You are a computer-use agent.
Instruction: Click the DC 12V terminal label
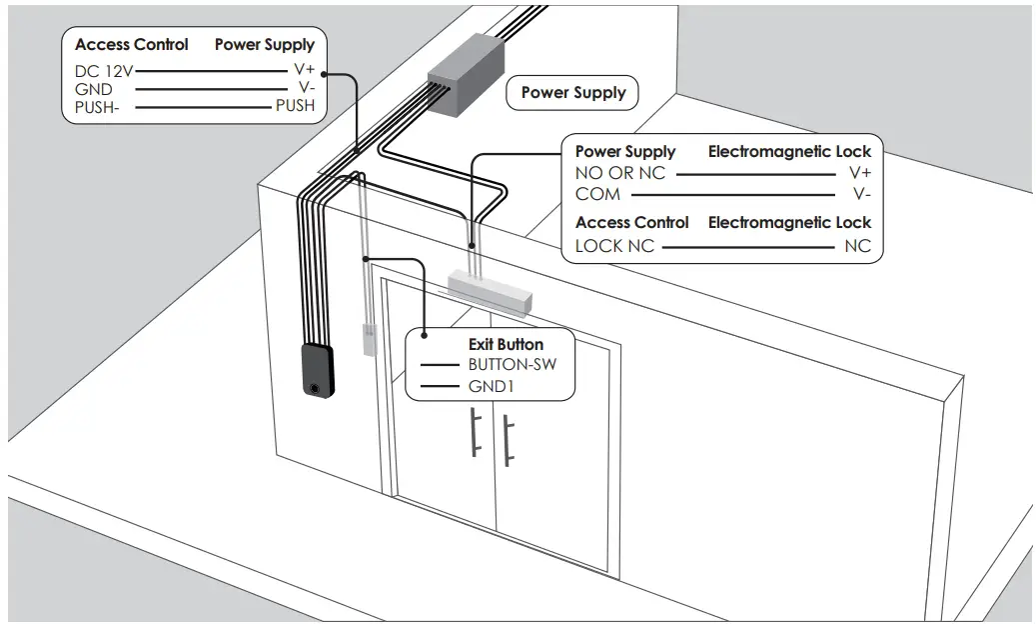pyautogui.click(x=104, y=72)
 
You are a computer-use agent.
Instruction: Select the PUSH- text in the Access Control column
pyautogui.click(x=97, y=107)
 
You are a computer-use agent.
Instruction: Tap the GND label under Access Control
pyautogui.click(x=93, y=89)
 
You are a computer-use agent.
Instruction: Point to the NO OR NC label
pyautogui.click(x=619, y=173)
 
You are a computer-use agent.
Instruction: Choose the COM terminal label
pyautogui.click(x=597, y=194)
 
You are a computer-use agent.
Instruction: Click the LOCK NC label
pyautogui.click(x=613, y=246)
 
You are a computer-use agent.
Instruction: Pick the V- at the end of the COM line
pyautogui.click(x=861, y=194)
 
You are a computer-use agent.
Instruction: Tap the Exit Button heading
pyautogui.click(x=507, y=344)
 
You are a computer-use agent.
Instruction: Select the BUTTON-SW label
pyautogui.click(x=512, y=364)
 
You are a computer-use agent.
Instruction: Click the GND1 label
pyautogui.click(x=491, y=385)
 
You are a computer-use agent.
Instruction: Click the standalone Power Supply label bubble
pyautogui.click(x=573, y=93)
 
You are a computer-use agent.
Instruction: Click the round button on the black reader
pyautogui.click(x=317, y=388)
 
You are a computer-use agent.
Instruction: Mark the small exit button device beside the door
pyautogui.click(x=367, y=340)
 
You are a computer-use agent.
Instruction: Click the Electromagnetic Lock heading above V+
pyautogui.click(x=789, y=152)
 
